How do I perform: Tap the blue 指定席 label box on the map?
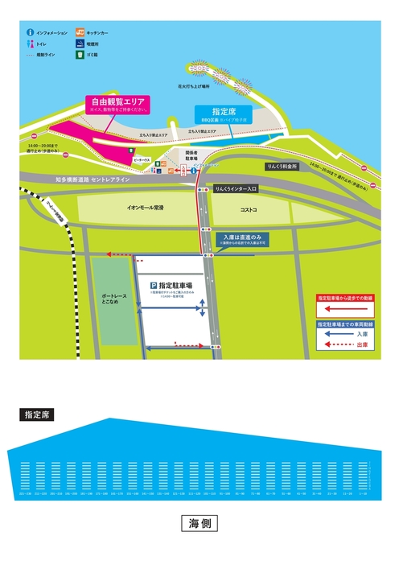(x=223, y=113)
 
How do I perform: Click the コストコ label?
(x=248, y=208)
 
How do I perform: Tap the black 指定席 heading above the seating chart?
(x=38, y=416)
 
